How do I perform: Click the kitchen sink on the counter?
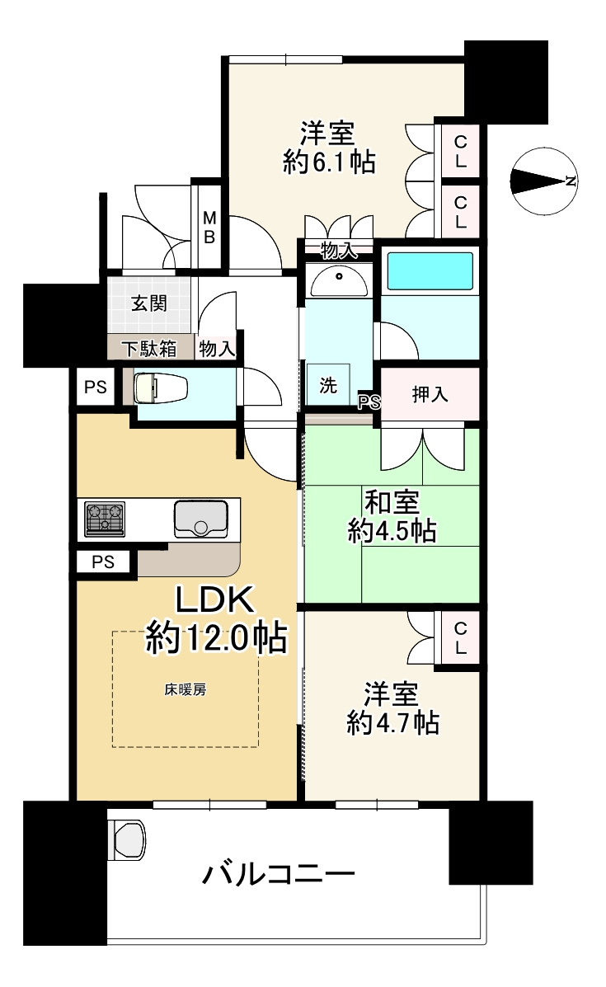click(x=200, y=519)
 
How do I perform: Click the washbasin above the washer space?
click(x=338, y=281)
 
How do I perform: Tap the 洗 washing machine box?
click(x=328, y=386)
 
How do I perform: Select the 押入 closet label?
click(x=430, y=394)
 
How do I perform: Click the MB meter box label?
click(x=209, y=227)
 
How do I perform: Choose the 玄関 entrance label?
click(x=148, y=303)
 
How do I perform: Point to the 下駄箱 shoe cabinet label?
click(x=149, y=348)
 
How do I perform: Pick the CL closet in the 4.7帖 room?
click(x=460, y=637)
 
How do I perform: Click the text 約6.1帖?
click(x=329, y=162)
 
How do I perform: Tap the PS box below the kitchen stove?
click(x=103, y=563)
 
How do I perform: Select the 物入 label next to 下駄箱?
click(x=217, y=348)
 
